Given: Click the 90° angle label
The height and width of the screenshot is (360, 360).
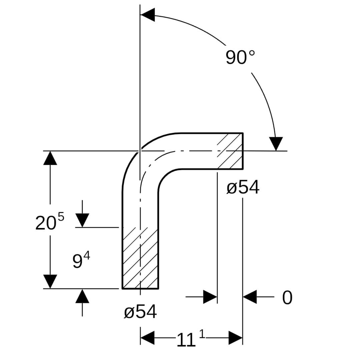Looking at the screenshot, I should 240,57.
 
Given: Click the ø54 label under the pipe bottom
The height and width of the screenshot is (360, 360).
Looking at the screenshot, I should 140,312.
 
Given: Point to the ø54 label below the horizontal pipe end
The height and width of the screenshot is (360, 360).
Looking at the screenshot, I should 243,188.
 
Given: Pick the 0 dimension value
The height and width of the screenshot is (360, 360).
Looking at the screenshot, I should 287,298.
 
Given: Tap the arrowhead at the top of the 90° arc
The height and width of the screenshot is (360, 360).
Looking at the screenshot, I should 147,15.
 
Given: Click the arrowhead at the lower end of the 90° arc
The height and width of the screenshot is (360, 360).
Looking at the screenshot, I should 276,144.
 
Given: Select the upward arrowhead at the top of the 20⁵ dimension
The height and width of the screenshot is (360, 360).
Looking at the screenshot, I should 50,158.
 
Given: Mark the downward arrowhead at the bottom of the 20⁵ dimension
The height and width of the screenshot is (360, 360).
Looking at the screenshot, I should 50,282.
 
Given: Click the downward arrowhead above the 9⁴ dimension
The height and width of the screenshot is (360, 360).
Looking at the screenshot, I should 82,220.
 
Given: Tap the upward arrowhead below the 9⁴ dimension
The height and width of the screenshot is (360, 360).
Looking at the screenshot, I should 82,296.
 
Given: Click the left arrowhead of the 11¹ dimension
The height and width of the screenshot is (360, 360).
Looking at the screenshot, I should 147,338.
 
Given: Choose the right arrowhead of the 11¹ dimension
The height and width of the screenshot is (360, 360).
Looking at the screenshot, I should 235,338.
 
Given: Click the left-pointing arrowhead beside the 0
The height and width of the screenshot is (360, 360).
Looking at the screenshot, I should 250,297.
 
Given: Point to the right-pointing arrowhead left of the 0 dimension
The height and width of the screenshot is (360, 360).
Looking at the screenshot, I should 210,297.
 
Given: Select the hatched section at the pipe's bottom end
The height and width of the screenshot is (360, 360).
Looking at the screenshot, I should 140,258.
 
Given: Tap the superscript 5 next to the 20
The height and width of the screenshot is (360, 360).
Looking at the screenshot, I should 60,217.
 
